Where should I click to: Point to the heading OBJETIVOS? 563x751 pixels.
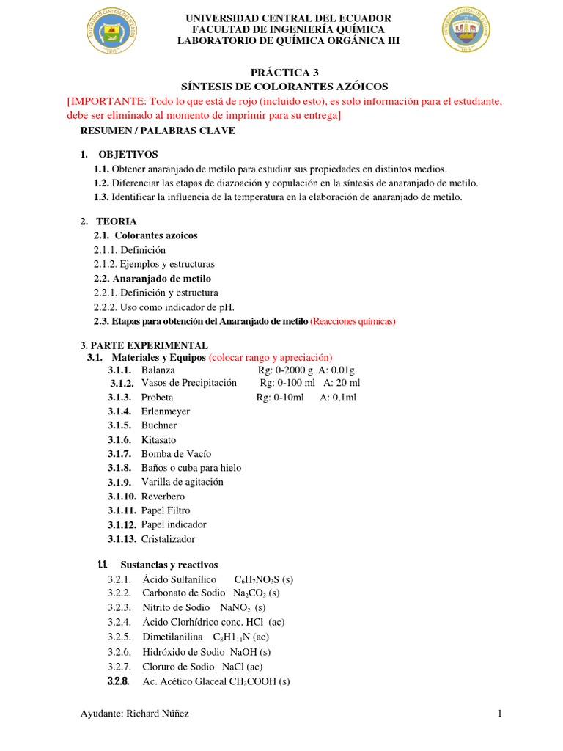[x=128, y=154]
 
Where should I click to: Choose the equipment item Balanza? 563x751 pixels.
[x=158, y=370]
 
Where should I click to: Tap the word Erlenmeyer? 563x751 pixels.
[x=166, y=411]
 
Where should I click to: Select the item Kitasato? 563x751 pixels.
[x=160, y=439]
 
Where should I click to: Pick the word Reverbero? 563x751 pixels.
[x=163, y=497]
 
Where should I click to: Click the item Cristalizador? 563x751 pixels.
[x=169, y=539]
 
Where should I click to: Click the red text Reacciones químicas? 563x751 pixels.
[x=353, y=321]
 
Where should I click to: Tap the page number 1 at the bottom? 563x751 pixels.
[x=499, y=714]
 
